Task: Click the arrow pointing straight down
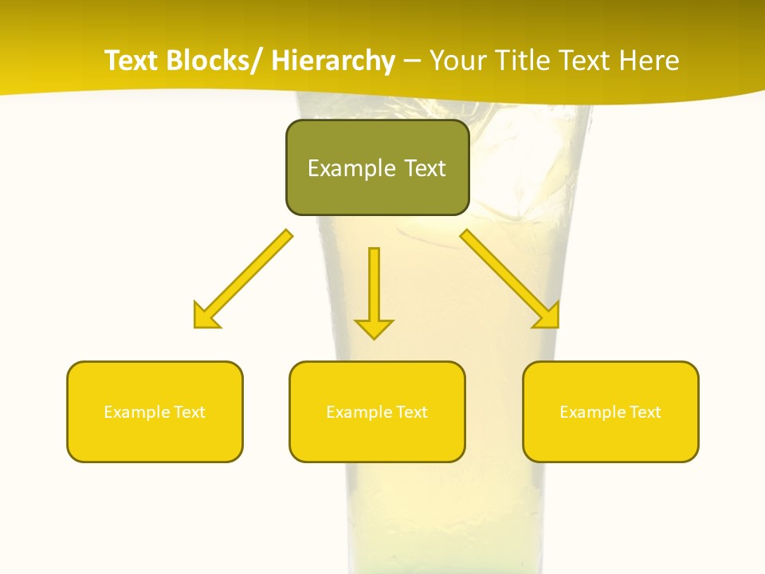(x=374, y=291)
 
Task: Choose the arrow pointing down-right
(x=510, y=278)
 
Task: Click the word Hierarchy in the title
(x=333, y=61)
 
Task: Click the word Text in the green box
(x=424, y=168)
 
